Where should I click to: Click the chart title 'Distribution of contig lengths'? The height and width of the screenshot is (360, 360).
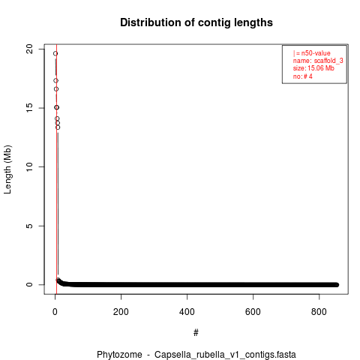point(196,22)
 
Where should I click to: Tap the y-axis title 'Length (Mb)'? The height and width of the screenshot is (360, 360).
point(7,169)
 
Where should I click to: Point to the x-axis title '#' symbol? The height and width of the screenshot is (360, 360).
point(196,333)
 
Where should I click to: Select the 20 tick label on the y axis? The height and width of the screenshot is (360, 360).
point(29,49)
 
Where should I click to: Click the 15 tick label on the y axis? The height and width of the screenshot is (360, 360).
point(29,108)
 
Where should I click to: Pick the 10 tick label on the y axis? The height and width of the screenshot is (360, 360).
point(29,166)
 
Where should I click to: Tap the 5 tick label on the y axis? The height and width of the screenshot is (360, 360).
point(29,226)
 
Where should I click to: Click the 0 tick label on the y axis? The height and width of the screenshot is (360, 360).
point(29,284)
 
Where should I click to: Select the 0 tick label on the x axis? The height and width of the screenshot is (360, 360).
point(55,312)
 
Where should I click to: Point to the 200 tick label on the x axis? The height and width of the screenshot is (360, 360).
point(121,312)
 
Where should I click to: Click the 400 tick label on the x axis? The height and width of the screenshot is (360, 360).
point(187,312)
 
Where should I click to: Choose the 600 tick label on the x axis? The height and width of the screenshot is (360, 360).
point(253,312)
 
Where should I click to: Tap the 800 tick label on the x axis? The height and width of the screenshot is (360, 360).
point(319,312)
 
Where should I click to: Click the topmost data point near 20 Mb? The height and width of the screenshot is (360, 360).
point(55,53)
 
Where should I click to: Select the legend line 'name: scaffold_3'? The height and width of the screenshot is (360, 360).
point(318,61)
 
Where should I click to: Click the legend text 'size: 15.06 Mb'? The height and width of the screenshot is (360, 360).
point(313,68)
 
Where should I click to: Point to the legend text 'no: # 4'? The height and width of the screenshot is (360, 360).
point(303,76)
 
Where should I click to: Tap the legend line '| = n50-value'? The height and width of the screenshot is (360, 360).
point(312,53)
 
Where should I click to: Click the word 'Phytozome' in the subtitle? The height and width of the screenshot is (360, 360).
point(119,355)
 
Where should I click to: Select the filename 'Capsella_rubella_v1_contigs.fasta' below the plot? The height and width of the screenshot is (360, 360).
point(225,355)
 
